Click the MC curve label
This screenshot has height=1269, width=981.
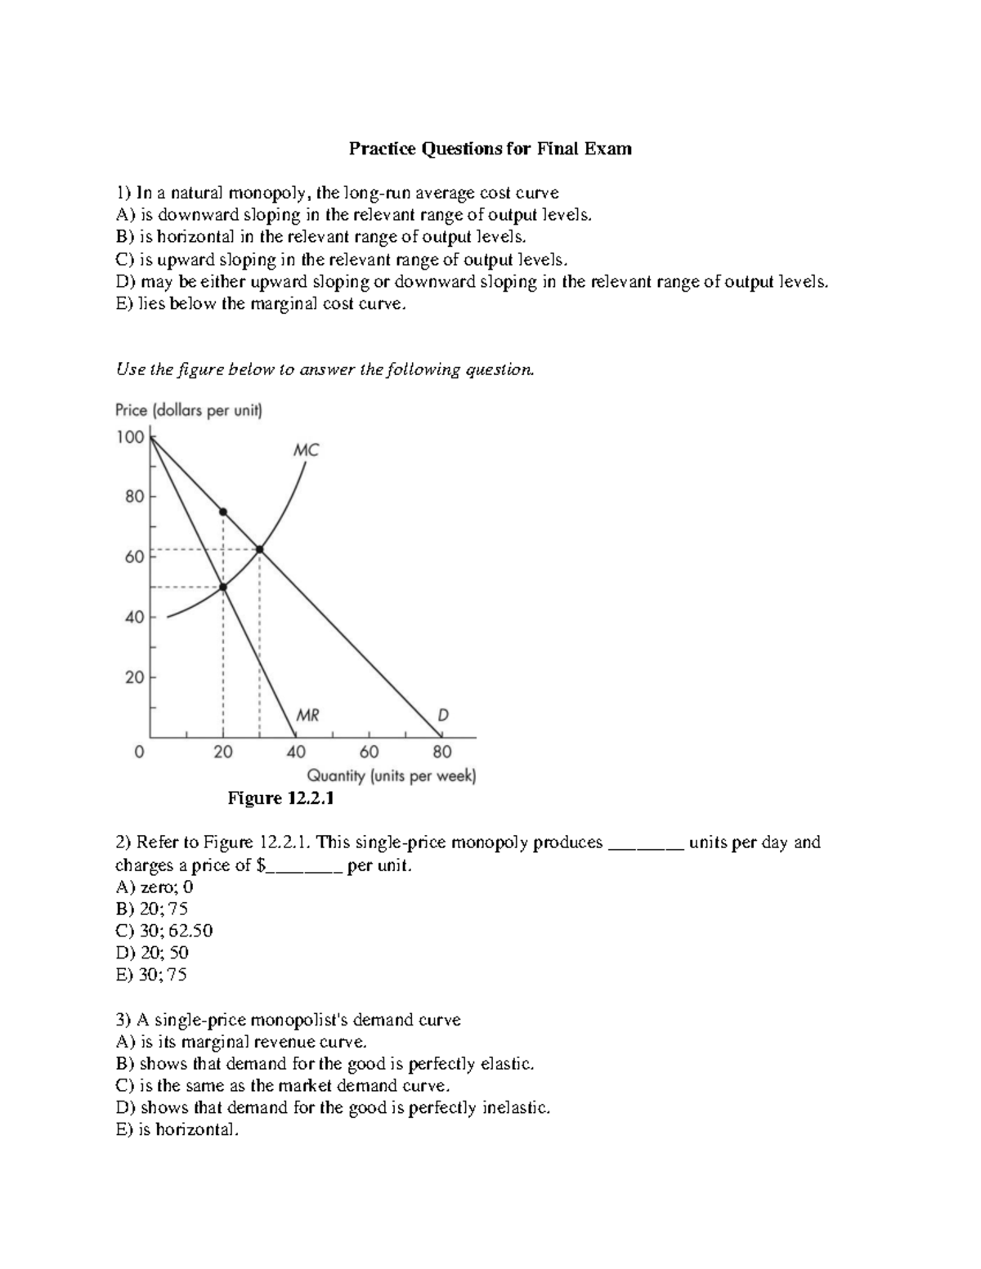click(x=307, y=450)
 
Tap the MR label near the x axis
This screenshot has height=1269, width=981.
click(x=307, y=715)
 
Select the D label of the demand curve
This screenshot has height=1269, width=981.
click(x=442, y=715)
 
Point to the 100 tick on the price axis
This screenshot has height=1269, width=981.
click(x=130, y=437)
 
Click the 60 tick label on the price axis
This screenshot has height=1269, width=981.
click(x=134, y=557)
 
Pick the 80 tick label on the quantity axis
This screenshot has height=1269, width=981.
click(x=441, y=751)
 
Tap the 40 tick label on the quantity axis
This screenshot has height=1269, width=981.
click(x=296, y=751)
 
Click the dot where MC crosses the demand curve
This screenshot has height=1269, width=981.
click(x=260, y=549)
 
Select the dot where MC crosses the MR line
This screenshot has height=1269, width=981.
click(x=223, y=587)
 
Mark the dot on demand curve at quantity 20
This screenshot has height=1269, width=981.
click(x=223, y=512)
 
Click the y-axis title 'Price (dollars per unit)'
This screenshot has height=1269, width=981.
click(x=189, y=411)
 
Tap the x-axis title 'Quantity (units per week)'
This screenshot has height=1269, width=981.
click(x=391, y=775)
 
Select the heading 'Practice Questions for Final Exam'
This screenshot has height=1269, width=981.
click(x=490, y=149)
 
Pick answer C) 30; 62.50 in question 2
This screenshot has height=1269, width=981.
click(x=164, y=931)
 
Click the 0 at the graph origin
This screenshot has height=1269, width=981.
click(x=140, y=751)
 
